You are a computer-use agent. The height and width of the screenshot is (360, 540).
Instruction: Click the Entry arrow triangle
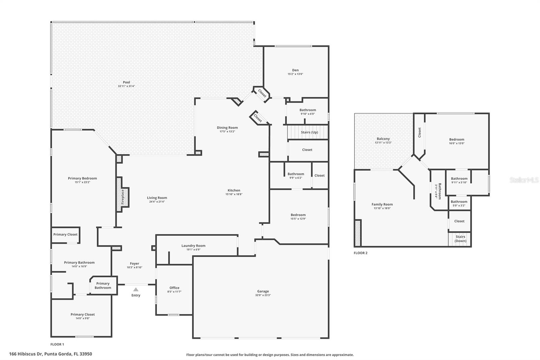136,289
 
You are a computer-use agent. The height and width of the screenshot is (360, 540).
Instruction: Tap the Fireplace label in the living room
123,197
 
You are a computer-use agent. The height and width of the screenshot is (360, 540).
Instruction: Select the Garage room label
263,291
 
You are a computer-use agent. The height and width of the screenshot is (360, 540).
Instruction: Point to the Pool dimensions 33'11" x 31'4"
127,86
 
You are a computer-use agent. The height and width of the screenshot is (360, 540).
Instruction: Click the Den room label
295,70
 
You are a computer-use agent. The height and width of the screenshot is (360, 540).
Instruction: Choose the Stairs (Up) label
309,132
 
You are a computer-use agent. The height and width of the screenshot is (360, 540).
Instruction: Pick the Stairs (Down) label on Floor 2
460,239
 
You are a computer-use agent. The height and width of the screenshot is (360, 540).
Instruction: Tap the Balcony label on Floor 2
383,139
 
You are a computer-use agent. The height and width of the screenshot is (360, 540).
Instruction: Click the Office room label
174,288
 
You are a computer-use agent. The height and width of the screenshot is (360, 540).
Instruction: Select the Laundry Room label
193,246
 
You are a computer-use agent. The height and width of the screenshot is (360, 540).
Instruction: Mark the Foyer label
134,263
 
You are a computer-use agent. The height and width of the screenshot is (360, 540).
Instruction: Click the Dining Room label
227,128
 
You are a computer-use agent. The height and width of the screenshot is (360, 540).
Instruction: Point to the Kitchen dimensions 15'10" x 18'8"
234,194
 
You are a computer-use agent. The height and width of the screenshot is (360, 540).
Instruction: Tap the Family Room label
382,204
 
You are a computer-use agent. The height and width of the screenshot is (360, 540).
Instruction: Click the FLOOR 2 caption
360,253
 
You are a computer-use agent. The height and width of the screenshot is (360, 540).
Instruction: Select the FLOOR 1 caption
57,344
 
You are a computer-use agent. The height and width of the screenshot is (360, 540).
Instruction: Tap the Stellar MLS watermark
524,180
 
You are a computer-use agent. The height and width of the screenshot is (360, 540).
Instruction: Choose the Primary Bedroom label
82,178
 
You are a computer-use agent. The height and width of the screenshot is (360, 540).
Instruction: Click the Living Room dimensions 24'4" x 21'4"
157,202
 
